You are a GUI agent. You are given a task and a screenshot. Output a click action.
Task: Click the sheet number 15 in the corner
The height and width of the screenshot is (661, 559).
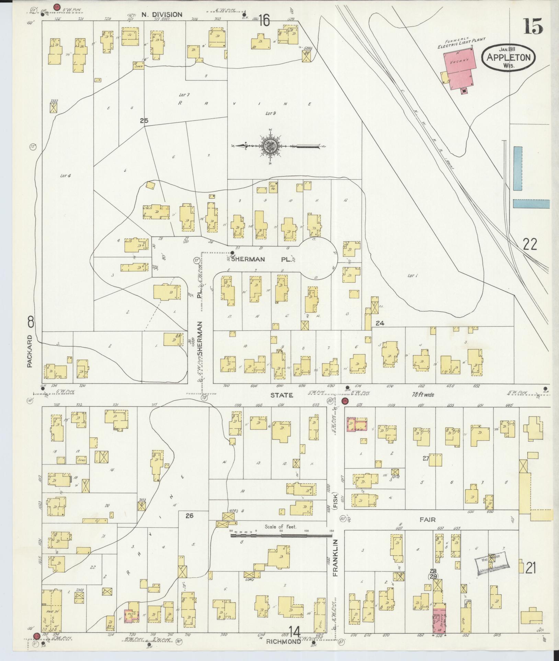(533, 26)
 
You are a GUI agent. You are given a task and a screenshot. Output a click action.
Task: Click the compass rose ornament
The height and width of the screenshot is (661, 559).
(270, 146)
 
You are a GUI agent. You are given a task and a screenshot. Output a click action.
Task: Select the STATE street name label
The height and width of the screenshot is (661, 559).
(282, 395)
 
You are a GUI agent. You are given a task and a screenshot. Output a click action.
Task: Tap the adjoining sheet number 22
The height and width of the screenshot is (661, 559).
(530, 245)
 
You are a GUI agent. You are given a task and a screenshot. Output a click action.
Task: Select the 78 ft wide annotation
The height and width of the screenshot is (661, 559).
(422, 395)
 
